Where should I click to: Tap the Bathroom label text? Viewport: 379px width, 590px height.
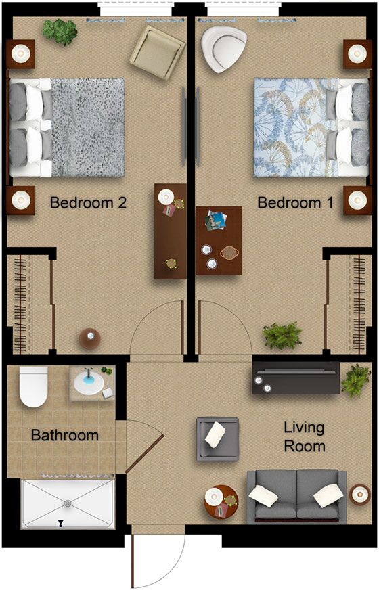pyautogui.click(x=65, y=435)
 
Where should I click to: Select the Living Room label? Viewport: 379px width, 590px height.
pyautogui.click(x=304, y=437)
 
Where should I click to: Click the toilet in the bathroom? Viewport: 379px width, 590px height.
pyautogui.click(x=32, y=387)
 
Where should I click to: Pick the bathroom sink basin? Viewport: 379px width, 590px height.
pyautogui.click(x=88, y=382)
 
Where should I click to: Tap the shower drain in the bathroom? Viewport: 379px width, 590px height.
pyautogui.click(x=67, y=503)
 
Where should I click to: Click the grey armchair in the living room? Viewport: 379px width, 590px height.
pyautogui.click(x=217, y=438)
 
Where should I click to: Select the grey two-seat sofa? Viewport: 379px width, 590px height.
pyautogui.click(x=296, y=495)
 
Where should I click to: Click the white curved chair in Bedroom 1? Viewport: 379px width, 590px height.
pyautogui.click(x=223, y=49)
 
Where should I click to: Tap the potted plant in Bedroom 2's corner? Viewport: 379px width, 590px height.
pyautogui.click(x=60, y=31)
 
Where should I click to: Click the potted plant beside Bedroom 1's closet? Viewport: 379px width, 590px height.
pyautogui.click(x=282, y=336)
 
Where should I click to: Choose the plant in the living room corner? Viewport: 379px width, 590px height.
pyautogui.click(x=355, y=380)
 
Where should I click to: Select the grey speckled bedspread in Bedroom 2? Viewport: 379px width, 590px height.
pyautogui.click(x=87, y=127)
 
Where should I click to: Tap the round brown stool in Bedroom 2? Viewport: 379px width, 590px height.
pyautogui.click(x=90, y=338)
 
